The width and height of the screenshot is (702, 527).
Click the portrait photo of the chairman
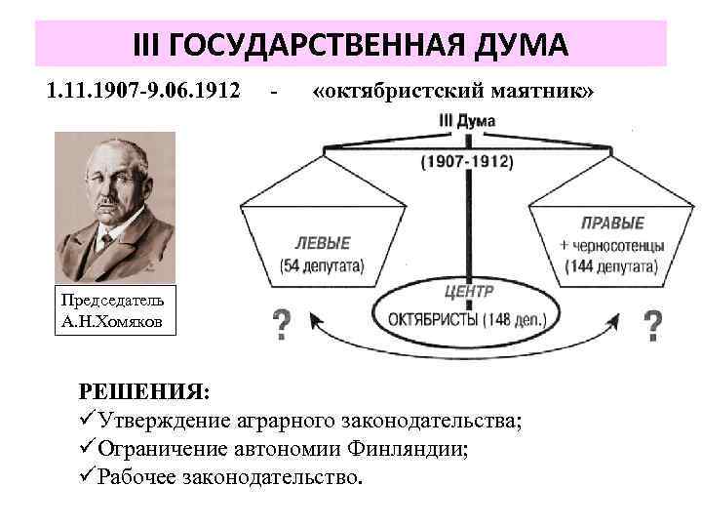tap(114, 206)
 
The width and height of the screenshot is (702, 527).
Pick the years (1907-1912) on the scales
tap(467, 162)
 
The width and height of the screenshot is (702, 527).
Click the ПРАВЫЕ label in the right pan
tap(612, 223)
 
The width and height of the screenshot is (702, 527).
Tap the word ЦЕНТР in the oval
tap(468, 291)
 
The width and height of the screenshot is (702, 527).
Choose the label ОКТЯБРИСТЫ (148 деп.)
tap(467, 319)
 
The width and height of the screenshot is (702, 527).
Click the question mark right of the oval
tap(653, 324)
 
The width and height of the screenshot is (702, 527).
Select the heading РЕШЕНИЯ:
tap(143, 391)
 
